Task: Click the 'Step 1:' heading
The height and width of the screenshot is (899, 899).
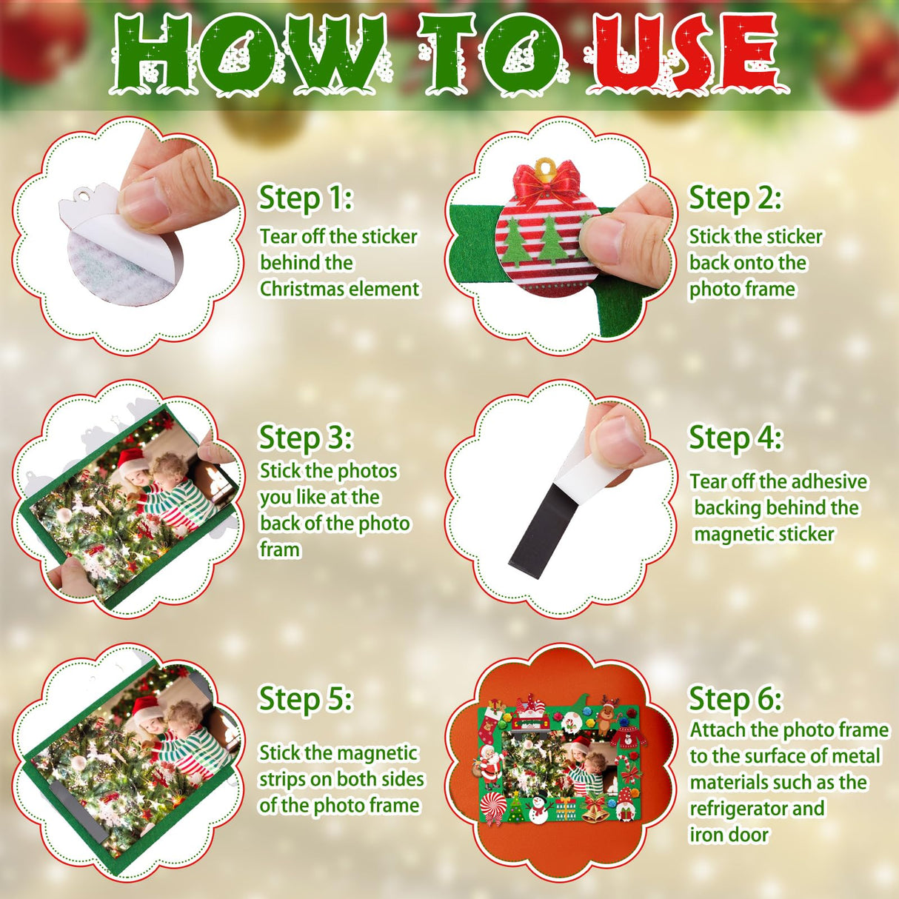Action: click(x=306, y=198)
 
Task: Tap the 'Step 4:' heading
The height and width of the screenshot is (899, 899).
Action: click(x=735, y=438)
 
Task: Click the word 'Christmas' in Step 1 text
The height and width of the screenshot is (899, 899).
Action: click(x=302, y=289)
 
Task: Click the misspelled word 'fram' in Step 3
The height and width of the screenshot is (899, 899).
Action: click(x=280, y=549)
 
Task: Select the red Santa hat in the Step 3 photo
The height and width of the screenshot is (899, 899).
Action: click(x=130, y=459)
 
